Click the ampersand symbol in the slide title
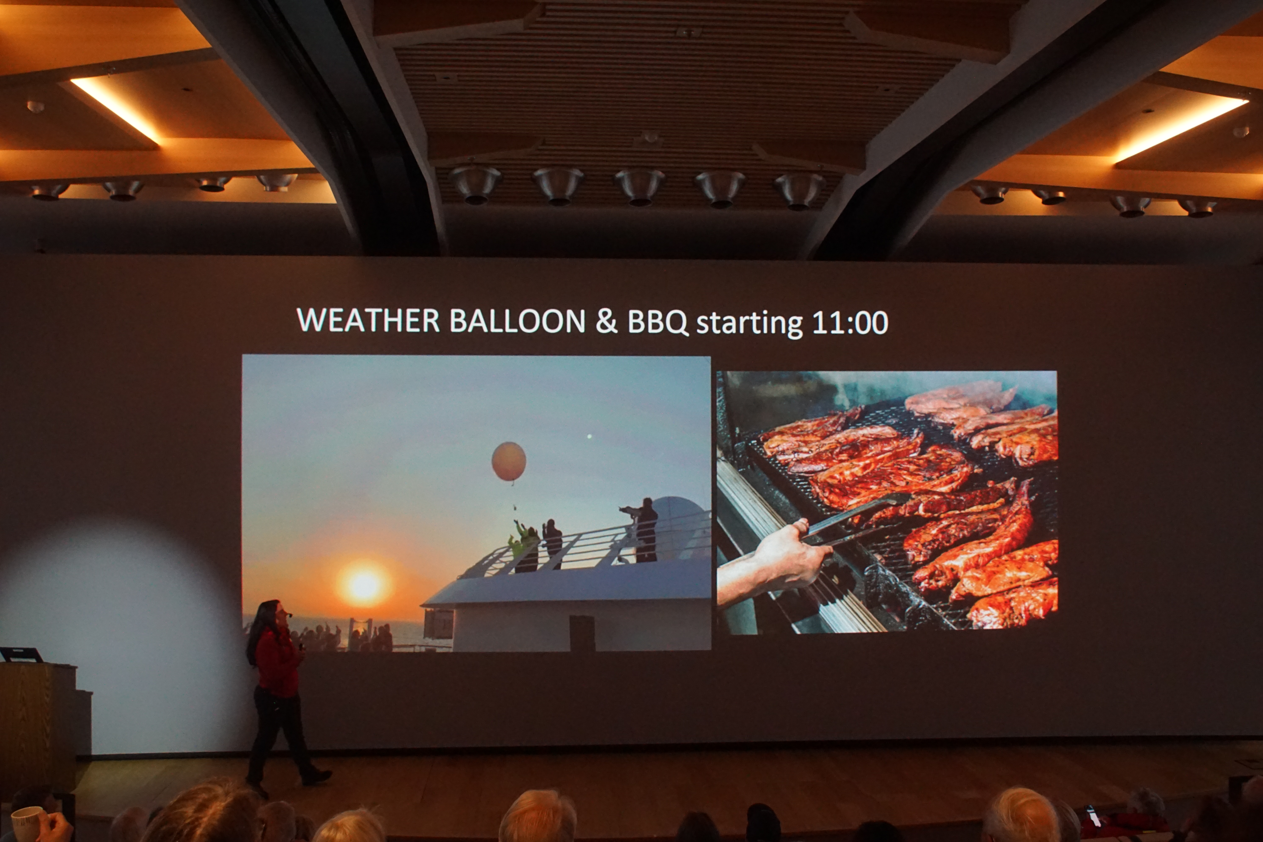606,321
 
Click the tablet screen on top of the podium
20,655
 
